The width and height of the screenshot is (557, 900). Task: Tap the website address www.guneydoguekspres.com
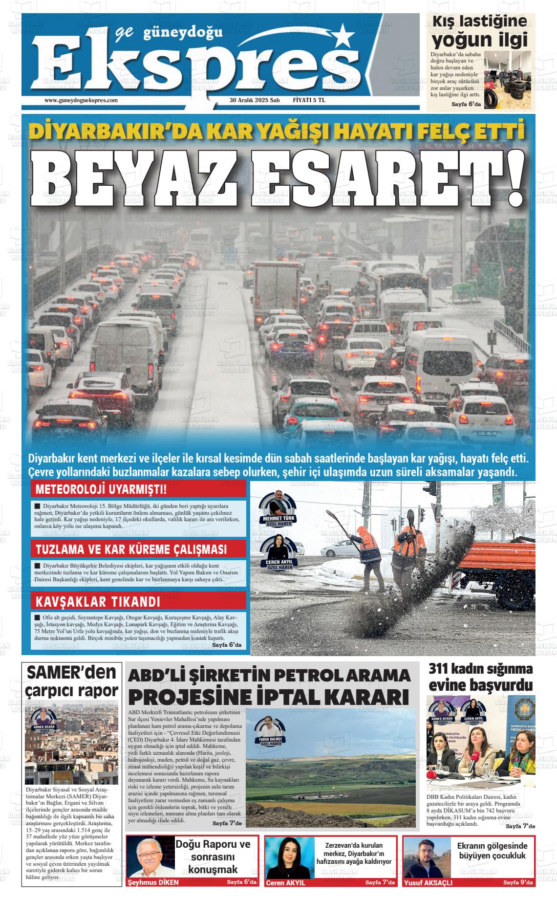click(x=81, y=100)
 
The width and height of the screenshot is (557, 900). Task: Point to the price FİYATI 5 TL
click(x=309, y=100)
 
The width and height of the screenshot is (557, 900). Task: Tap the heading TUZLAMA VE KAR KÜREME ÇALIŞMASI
click(x=131, y=549)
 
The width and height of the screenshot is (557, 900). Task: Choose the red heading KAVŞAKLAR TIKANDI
click(x=98, y=601)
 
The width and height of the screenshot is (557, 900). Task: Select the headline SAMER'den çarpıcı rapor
click(x=72, y=681)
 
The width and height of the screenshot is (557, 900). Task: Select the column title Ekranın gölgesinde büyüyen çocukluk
click(x=492, y=851)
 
